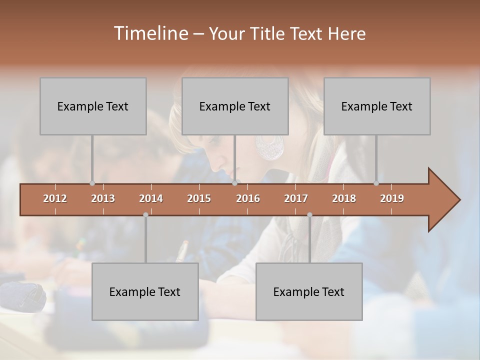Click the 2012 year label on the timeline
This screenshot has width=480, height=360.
coord(55,198)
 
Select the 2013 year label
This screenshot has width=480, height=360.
coord(103,198)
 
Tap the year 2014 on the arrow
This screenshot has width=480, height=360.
coord(151,198)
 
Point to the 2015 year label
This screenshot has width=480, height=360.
coord(199,198)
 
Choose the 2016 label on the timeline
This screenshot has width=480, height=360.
coord(248,198)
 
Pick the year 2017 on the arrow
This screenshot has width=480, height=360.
coord(296,198)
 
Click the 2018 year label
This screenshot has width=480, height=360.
coord(344,198)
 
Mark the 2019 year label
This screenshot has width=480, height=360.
coord(392,198)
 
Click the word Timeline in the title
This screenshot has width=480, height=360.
coord(150,33)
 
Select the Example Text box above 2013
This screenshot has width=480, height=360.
coord(93,106)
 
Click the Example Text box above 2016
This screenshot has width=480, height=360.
coord(235,106)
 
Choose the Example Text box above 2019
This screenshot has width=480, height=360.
coord(377,106)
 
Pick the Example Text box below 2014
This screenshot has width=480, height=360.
coord(145,291)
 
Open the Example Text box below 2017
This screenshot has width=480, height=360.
coord(309,291)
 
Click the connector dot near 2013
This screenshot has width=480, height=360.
coord(92,183)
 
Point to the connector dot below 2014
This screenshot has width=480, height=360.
coord(145,214)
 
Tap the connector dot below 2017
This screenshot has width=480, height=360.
coord(309,214)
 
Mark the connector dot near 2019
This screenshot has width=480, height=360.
coord(376,183)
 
